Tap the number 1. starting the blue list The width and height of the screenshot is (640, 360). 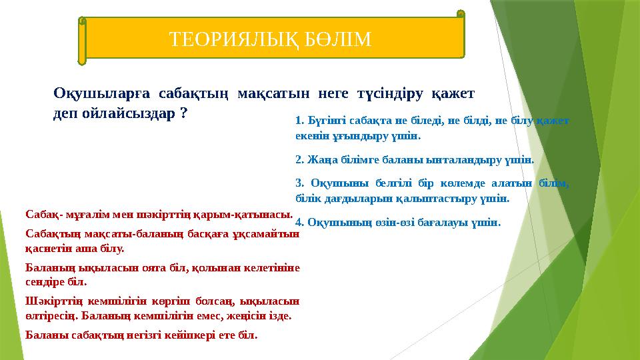(x=299, y=121)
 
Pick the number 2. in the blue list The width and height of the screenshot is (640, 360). (x=299, y=160)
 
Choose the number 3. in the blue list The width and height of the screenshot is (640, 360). (x=299, y=184)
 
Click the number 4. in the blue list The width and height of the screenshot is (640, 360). (x=299, y=222)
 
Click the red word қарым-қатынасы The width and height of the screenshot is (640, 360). (x=254, y=215)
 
